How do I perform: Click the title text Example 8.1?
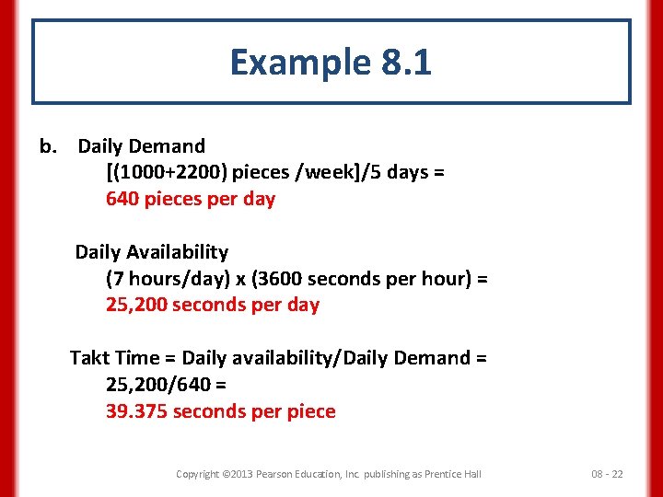pyautogui.click(x=331, y=63)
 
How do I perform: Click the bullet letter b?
pyautogui.click(x=48, y=146)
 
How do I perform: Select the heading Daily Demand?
pyautogui.click(x=141, y=146)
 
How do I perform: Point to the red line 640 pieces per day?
pyautogui.click(x=191, y=199)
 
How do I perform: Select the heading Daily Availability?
pyautogui.click(x=152, y=252)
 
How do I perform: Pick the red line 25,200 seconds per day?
pyautogui.click(x=213, y=305)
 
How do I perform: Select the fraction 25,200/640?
pyautogui.click(x=157, y=384)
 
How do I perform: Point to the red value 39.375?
pyautogui.click(x=136, y=411)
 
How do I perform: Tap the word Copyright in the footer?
pyautogui.click(x=197, y=474)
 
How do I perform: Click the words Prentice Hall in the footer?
pyautogui.click(x=450, y=474)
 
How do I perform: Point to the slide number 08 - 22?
pyautogui.click(x=607, y=474)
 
